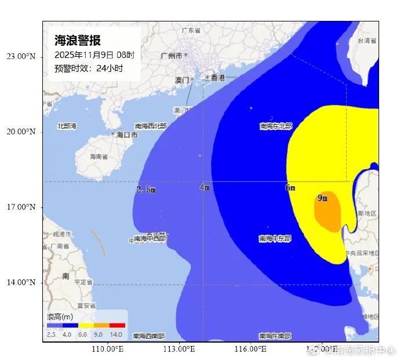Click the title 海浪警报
tap(78, 41)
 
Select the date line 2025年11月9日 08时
tap(94, 55)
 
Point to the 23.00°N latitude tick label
tap(21, 56)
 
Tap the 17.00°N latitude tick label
tap(21, 207)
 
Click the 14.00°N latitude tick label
tap(21, 282)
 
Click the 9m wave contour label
tap(322, 198)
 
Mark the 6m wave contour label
tap(290, 188)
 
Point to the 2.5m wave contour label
tap(146, 190)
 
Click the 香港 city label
tap(217, 77)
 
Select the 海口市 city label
tap(127, 134)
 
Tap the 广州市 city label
tap(172, 56)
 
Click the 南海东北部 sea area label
tap(276, 126)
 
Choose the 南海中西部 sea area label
tap(150, 238)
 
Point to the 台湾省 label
tap(368, 41)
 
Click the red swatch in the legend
tap(117, 326)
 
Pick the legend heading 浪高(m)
tap(60, 317)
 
